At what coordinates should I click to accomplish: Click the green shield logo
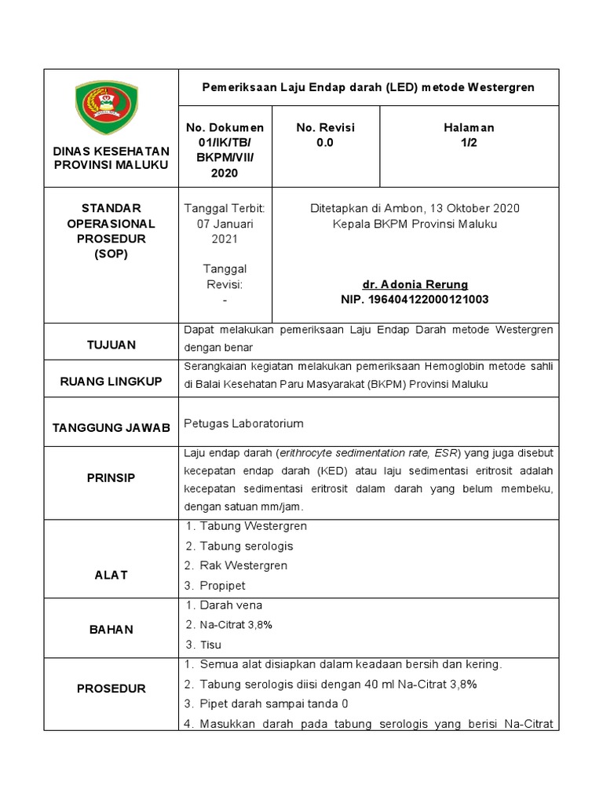tap(111, 108)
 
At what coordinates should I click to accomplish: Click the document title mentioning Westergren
tap(369, 87)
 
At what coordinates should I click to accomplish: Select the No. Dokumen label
tap(225, 127)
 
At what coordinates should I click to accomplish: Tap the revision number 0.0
tap(324, 143)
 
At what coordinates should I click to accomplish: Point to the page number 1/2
tap(470, 143)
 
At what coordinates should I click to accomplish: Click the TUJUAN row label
tap(111, 345)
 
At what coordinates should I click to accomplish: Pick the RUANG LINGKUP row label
tap(111, 381)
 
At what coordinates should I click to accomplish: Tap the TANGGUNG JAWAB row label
tap(111, 427)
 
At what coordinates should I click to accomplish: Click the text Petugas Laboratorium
tap(243, 424)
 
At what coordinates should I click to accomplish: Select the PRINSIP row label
tap(111, 476)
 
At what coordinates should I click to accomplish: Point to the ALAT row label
tap(111, 575)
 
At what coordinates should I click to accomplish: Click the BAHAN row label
tap(111, 629)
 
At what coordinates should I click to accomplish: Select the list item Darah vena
tap(231, 605)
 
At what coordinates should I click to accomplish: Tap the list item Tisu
tap(211, 645)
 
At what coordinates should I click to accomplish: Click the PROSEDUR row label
tap(111, 689)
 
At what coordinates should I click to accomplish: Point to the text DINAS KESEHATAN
tap(111, 151)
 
